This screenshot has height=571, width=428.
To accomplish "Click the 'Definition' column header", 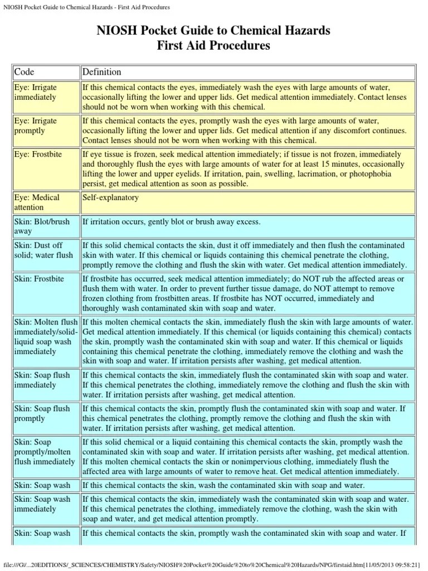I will (102, 72).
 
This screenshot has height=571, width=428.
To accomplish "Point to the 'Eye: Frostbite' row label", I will (38, 153).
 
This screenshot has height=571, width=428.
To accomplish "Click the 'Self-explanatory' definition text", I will (111, 197).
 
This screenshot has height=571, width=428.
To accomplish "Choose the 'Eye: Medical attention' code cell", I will (37, 202).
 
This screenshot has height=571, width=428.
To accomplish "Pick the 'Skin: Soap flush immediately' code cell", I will (42, 380).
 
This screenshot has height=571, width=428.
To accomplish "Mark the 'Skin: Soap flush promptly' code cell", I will (42, 413).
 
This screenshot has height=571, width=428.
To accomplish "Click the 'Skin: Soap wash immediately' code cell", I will (42, 504).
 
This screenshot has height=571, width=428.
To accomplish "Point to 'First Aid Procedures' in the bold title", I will (214, 46).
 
